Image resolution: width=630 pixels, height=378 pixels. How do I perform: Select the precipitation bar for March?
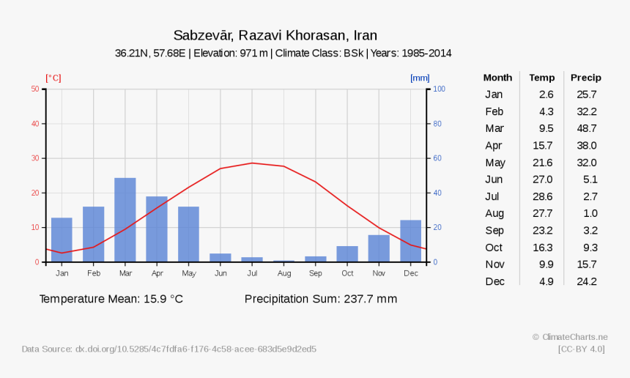[x=125, y=220]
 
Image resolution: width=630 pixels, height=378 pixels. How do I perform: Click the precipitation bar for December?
[x=411, y=241]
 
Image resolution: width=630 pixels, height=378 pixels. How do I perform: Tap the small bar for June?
[x=220, y=258]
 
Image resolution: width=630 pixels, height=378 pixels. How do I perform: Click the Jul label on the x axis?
[x=252, y=273]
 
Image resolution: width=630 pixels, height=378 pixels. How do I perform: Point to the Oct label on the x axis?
[x=347, y=273]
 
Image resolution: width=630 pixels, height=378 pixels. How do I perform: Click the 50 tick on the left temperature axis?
[x=35, y=89]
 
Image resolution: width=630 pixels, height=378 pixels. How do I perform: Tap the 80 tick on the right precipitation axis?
[x=438, y=124]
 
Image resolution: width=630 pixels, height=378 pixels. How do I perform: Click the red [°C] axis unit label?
[x=53, y=78]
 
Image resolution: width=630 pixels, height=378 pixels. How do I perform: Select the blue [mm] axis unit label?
[x=420, y=78]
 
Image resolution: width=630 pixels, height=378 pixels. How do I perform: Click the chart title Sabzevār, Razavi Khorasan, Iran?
[x=275, y=35]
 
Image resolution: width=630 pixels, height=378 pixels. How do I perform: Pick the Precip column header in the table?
[x=585, y=78]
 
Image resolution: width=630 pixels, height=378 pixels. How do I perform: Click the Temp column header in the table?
[x=542, y=78]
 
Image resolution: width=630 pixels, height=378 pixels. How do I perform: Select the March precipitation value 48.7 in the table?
[x=587, y=128]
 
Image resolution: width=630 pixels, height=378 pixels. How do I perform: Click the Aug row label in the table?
[x=494, y=213]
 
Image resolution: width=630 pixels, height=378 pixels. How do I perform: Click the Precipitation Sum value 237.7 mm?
[x=370, y=299]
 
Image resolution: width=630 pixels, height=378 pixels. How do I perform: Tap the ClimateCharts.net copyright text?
[x=570, y=337]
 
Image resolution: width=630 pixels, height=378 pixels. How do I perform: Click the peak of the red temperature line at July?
[x=252, y=163]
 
